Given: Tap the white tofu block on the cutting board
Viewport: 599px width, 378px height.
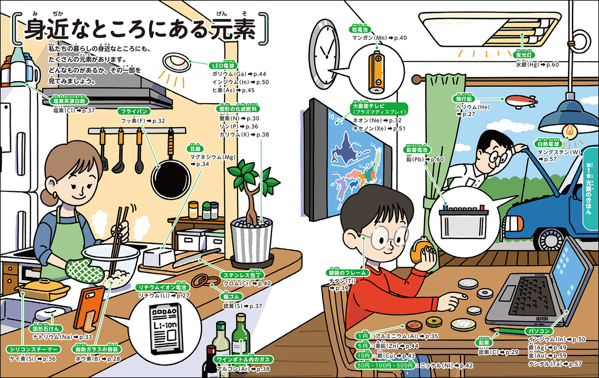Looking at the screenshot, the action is coord(158,257).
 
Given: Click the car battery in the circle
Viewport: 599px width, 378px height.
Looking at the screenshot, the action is coord(463,218).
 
